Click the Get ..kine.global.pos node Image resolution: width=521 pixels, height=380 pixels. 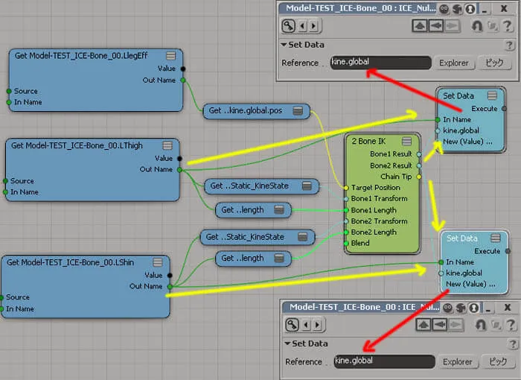tap(256, 111)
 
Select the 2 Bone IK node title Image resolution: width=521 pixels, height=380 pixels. tap(368, 141)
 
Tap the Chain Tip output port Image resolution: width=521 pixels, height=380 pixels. tap(419, 177)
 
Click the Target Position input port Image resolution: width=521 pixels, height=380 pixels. tap(346, 188)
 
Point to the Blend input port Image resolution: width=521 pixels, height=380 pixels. tap(346, 243)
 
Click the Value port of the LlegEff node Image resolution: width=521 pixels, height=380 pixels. tap(183, 69)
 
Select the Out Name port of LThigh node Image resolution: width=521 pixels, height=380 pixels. tap(179, 170)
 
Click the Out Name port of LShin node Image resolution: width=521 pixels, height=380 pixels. tap(170, 287)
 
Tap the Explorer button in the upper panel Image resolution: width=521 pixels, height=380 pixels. tap(454, 63)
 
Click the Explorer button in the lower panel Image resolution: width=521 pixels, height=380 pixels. tap(457, 361)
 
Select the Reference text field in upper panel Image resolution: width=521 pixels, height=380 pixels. tap(381, 63)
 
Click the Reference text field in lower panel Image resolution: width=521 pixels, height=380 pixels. tap(385, 361)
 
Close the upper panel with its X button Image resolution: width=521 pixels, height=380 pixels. tap(504, 9)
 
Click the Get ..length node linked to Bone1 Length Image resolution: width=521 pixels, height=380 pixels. tap(253, 210)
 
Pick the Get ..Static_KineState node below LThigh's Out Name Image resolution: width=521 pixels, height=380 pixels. tap(261, 186)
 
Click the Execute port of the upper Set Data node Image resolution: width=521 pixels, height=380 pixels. tap(504, 109)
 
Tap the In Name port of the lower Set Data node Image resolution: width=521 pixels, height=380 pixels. tap(441, 262)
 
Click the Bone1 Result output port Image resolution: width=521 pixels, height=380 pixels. tap(419, 154)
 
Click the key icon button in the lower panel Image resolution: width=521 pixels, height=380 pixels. tap(292, 325)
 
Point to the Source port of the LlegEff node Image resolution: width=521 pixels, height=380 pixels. tap(9, 91)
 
